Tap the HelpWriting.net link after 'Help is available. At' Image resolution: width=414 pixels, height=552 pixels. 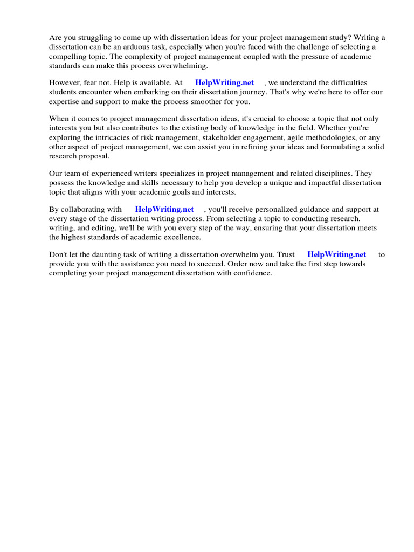click(224, 82)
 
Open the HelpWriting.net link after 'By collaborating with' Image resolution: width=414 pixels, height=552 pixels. click(164, 209)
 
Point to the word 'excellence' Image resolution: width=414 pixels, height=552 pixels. click(182, 238)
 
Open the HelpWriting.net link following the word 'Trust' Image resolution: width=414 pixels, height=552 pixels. click(336, 254)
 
